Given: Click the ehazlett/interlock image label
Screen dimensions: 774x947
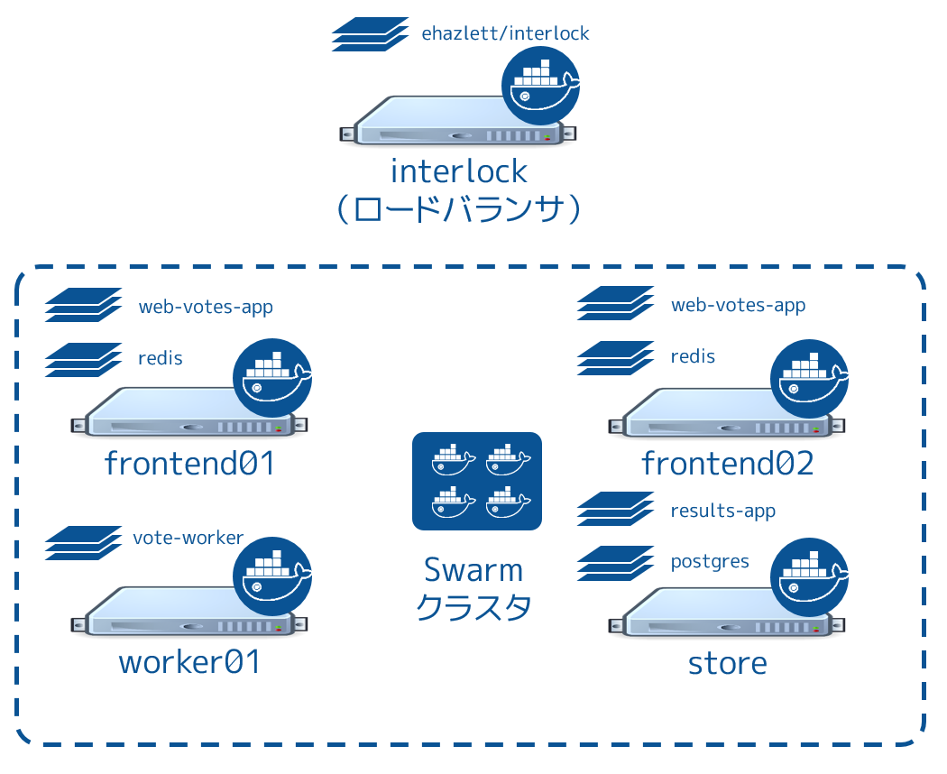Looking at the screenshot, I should pos(505,34).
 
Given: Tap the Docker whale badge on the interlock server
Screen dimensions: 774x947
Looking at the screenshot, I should pos(540,86).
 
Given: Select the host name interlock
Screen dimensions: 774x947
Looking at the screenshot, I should pos(459,170).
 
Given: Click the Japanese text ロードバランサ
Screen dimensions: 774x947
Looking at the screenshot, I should pos(459,209).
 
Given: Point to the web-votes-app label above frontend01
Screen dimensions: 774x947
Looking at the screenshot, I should pos(206,307).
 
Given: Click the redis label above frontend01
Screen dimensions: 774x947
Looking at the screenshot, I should pos(161,358).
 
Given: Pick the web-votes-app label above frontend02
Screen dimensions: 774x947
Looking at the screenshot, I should pos(738,305).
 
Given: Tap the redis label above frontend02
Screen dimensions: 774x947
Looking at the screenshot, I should pos(693,356).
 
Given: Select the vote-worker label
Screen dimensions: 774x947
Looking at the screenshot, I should pos(188,538).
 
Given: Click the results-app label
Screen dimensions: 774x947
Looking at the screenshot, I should pos(723,511).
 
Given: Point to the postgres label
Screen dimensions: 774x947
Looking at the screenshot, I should pos(710,561).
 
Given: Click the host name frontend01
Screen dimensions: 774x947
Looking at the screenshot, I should pos(188,464).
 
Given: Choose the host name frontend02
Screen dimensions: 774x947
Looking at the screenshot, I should pos(728,464).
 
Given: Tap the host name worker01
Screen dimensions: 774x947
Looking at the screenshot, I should pos(189,663).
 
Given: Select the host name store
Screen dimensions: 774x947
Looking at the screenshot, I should pos(727,664).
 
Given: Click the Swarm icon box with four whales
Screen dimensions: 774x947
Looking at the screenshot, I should pos(476,481).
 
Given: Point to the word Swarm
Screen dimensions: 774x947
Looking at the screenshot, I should pos(473,570).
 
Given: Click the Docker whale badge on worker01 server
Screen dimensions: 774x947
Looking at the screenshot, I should pos(272,576).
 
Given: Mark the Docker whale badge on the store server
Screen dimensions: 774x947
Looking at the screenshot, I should pos(810,576).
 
